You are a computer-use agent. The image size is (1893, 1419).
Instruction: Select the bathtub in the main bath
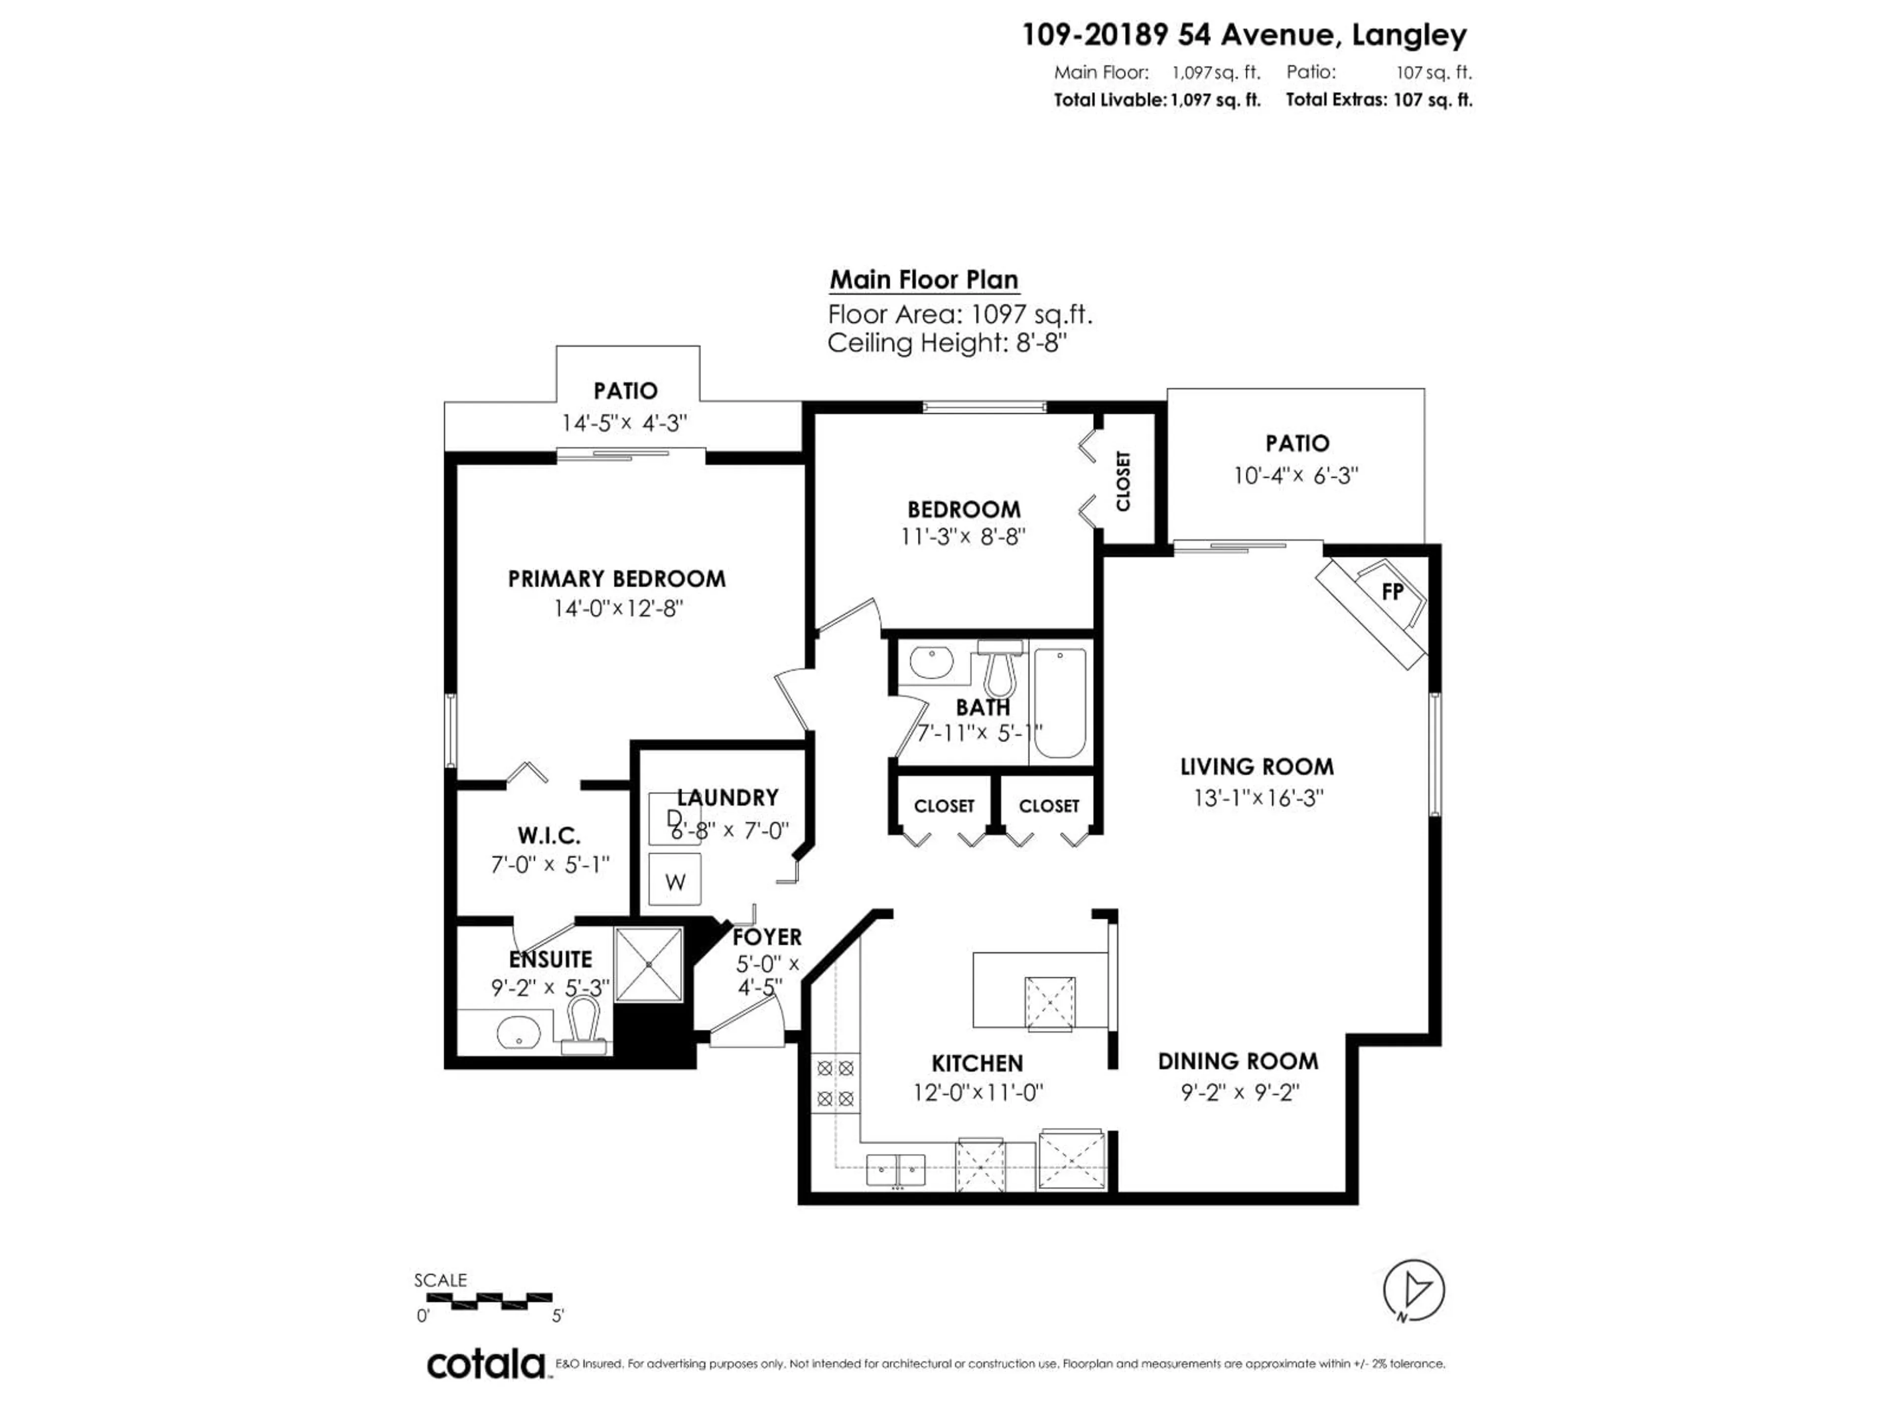[1059, 703]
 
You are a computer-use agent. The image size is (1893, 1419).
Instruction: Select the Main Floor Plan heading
[923, 280]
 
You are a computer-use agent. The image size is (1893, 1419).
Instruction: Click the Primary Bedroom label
[616, 579]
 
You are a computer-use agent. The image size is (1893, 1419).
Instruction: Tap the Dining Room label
[1237, 1061]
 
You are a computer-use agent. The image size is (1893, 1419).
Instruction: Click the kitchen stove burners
[835, 1083]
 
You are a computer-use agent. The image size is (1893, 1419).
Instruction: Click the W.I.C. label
[549, 835]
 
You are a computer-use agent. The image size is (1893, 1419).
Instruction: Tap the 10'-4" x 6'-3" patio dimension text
[1296, 475]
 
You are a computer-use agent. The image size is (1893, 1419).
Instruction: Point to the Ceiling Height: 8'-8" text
[947, 343]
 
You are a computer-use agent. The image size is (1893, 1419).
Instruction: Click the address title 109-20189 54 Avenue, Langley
[1244, 35]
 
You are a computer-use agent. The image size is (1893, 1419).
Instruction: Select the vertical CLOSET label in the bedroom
[1123, 481]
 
